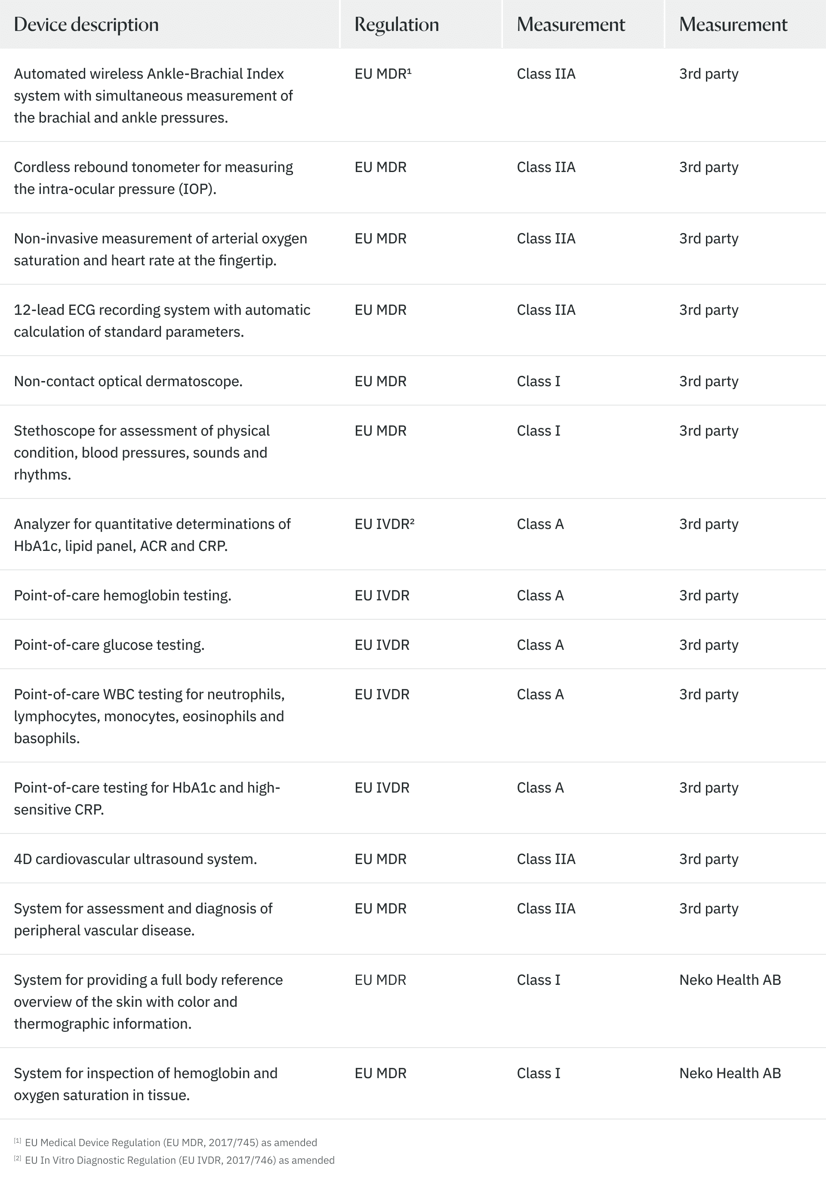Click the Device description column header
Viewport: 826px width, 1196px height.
[x=86, y=25]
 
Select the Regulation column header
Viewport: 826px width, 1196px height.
[x=397, y=25]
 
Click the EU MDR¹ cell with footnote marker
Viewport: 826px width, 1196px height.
[x=383, y=74]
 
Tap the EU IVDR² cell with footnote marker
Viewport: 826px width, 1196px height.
[x=385, y=524]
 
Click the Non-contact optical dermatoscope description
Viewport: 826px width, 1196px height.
[x=128, y=381]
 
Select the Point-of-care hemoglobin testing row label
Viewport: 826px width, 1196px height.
[x=122, y=595]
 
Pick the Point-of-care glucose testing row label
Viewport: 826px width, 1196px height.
[x=109, y=645]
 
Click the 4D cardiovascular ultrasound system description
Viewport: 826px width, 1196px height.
[x=135, y=859]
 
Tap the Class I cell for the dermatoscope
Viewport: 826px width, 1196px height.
[x=538, y=381]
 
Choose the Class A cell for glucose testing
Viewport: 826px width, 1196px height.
[x=540, y=645]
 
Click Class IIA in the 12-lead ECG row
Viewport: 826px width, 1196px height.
[x=546, y=310]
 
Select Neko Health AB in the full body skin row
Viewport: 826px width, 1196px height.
[x=730, y=980]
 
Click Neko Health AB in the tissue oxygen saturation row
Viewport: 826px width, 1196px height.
[x=730, y=1073]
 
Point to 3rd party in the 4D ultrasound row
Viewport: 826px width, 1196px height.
[x=709, y=859]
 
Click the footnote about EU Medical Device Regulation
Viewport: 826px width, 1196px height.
[x=171, y=1143]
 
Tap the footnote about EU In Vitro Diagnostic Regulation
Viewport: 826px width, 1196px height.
[x=179, y=1160]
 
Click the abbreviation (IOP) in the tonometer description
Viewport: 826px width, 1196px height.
[x=197, y=189]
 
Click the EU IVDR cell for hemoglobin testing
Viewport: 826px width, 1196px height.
[x=382, y=595]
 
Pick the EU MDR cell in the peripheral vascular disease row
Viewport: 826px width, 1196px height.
[x=380, y=909]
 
